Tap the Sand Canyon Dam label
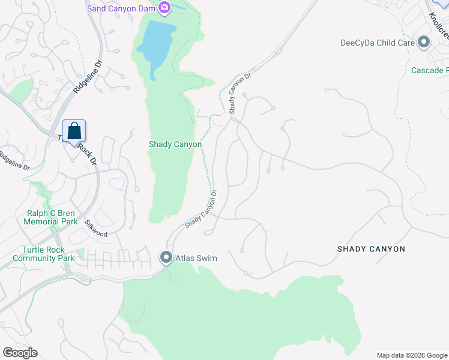coord(121,8)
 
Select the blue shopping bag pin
coord(74,131)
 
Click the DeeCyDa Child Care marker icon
coord(424,43)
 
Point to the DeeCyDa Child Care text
coord(378,43)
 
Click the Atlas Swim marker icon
coord(166,258)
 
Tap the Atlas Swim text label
coord(196,259)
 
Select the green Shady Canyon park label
coord(175,145)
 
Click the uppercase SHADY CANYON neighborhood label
coord(371,249)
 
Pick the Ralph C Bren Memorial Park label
coord(50,217)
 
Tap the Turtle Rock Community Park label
coord(43,254)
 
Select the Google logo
coord(20,353)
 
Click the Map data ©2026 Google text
coord(411,355)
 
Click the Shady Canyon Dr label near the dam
coord(239,94)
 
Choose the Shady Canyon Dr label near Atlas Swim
coord(200,210)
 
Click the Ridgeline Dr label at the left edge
coord(15,161)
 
